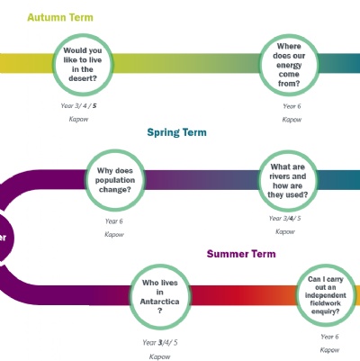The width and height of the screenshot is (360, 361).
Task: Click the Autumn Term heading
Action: (x=60, y=17)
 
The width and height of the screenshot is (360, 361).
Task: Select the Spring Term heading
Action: (x=176, y=132)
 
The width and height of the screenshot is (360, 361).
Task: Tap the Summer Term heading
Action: (x=241, y=254)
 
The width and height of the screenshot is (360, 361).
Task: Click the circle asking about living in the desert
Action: (x=83, y=64)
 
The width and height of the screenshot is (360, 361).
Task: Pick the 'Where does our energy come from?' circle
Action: (x=289, y=65)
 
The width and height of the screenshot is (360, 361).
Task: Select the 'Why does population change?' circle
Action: (x=115, y=180)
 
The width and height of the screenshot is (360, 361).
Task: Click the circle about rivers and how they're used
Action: (x=288, y=181)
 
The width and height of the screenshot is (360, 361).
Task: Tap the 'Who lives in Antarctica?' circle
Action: (x=160, y=296)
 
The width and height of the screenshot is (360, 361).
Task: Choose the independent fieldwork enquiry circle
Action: (x=326, y=295)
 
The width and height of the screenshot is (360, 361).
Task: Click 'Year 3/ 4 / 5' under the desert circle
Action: (x=78, y=105)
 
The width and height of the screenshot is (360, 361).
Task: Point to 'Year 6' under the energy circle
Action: (x=292, y=106)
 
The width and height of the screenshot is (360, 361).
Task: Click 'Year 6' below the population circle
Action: (x=113, y=221)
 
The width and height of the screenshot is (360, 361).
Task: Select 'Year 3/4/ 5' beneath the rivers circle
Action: (x=284, y=219)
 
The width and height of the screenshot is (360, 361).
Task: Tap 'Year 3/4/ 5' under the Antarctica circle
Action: (x=160, y=342)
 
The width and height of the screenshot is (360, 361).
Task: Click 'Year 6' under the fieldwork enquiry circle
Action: (x=329, y=337)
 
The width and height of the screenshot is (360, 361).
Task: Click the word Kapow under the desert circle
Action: (x=78, y=119)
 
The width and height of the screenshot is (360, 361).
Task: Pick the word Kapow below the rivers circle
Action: (x=285, y=231)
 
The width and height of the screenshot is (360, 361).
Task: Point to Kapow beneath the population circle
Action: (x=114, y=234)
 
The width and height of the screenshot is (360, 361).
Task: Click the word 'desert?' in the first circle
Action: (x=83, y=78)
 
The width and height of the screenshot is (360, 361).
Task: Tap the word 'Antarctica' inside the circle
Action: (x=159, y=302)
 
